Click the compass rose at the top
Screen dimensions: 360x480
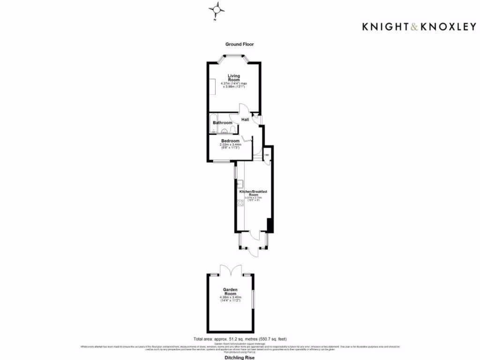217,9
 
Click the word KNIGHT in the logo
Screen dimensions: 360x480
382,27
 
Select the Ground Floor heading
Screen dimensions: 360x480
240,44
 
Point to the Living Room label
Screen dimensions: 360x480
234,78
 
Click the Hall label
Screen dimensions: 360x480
245,120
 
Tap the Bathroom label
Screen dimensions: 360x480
223,123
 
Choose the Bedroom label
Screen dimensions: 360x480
230,141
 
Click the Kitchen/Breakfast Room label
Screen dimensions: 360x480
253,193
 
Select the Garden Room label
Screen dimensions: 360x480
230,292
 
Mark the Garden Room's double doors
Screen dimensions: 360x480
230,270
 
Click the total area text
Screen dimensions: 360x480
240,339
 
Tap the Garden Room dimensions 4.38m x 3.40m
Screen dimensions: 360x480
230,298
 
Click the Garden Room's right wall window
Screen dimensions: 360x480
253,299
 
